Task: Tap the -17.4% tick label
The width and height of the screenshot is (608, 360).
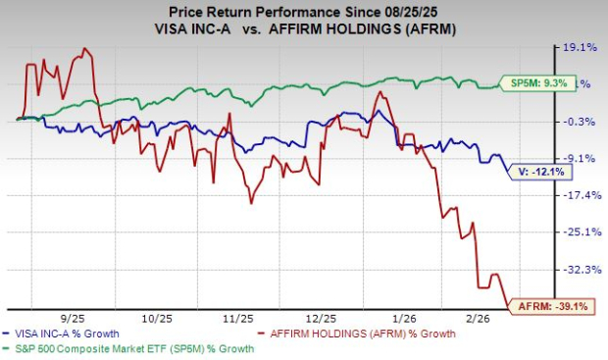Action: (x=576, y=195)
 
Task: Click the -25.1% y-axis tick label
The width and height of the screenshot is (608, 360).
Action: (x=576, y=231)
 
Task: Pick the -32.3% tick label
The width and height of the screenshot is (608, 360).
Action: (x=576, y=269)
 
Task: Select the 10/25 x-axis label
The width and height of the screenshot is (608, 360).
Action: (x=156, y=320)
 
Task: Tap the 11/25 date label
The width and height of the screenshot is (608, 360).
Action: (x=238, y=320)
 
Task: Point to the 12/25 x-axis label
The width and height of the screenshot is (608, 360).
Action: (x=321, y=320)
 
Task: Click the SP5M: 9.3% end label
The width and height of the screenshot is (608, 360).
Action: (x=533, y=83)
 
